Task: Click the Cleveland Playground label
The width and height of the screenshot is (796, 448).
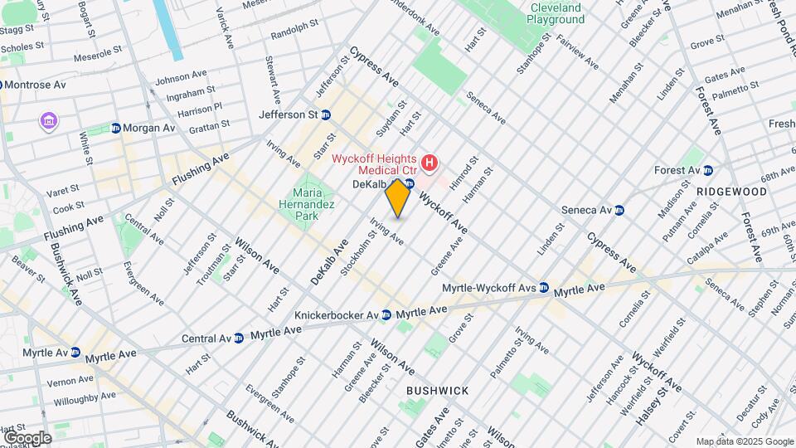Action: (x=557, y=13)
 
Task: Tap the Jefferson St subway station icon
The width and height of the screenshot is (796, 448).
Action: (x=326, y=114)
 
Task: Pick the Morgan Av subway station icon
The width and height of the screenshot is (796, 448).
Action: (x=116, y=128)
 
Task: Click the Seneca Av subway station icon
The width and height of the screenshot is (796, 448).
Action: (x=619, y=209)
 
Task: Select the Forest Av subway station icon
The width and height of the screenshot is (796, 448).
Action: (x=707, y=171)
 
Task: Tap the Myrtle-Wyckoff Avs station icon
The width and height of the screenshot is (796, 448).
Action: (x=543, y=288)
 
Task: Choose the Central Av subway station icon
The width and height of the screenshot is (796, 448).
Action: (x=239, y=338)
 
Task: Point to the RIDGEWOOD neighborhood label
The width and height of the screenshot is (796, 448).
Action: (x=731, y=191)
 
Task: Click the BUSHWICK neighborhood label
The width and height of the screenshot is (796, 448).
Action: (x=437, y=390)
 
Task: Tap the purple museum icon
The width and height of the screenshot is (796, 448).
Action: (x=49, y=123)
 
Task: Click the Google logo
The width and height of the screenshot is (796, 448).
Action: (x=27, y=437)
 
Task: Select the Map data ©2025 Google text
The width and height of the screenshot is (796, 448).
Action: (x=744, y=441)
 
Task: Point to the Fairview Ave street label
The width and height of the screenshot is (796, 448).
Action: (x=578, y=51)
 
